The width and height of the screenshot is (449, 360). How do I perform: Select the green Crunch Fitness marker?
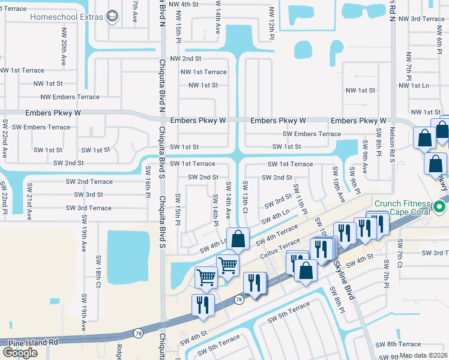pos(439,208)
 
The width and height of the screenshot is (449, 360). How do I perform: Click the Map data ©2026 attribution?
pos(423,355)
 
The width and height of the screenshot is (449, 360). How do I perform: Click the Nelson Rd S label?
pos(391,147)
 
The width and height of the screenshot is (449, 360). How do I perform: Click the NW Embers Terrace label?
pos(70,97)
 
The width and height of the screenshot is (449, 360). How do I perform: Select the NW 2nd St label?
pos(185,59)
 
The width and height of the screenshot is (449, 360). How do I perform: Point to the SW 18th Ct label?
pos(97,286)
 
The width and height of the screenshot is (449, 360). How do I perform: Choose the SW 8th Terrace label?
pos(398,344)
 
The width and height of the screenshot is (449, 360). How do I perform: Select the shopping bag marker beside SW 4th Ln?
pos(238,239)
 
